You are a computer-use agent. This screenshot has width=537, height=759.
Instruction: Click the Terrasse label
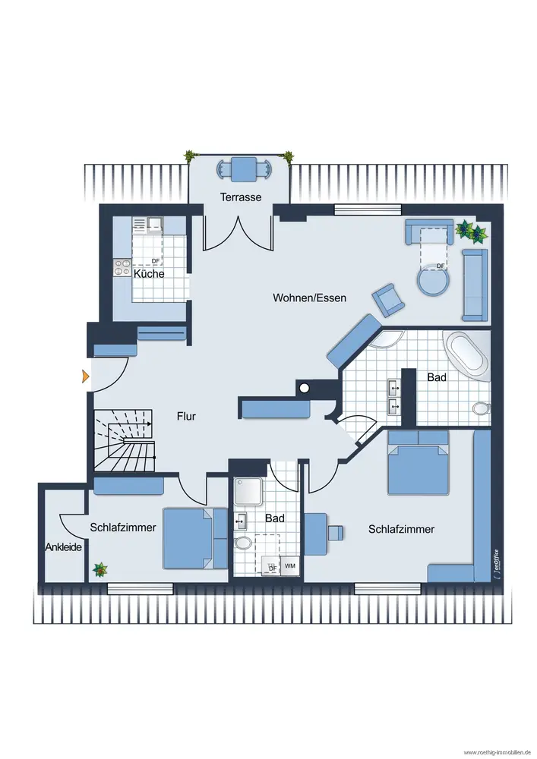coord(241,197)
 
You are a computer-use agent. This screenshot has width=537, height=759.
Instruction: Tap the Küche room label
coord(149,273)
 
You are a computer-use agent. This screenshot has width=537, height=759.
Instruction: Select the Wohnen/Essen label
coord(309,298)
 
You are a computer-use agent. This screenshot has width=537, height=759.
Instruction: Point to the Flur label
coord(186,416)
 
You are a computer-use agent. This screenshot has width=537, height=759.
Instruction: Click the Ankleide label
coord(64,547)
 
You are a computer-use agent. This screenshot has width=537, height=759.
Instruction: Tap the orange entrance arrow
coord(86,376)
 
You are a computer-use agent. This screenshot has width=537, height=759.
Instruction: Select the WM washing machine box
coord(289,565)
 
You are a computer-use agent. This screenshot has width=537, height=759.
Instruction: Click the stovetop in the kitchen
coord(122,268)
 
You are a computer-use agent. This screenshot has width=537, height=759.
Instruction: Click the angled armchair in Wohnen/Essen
coord(388,300)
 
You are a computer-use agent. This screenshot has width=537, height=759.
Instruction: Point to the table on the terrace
coord(244,169)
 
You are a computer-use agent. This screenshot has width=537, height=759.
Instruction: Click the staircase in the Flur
coord(125,440)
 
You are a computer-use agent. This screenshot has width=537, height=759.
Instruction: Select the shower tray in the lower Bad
coord(248,494)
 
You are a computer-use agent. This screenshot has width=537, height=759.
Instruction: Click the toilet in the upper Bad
coord(482,408)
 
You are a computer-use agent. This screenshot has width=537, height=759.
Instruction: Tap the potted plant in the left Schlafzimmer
coord(100,570)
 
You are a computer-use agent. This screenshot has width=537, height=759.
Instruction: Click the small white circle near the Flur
coord(304,388)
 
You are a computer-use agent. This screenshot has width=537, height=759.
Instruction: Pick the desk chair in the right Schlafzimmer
coord(335,533)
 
